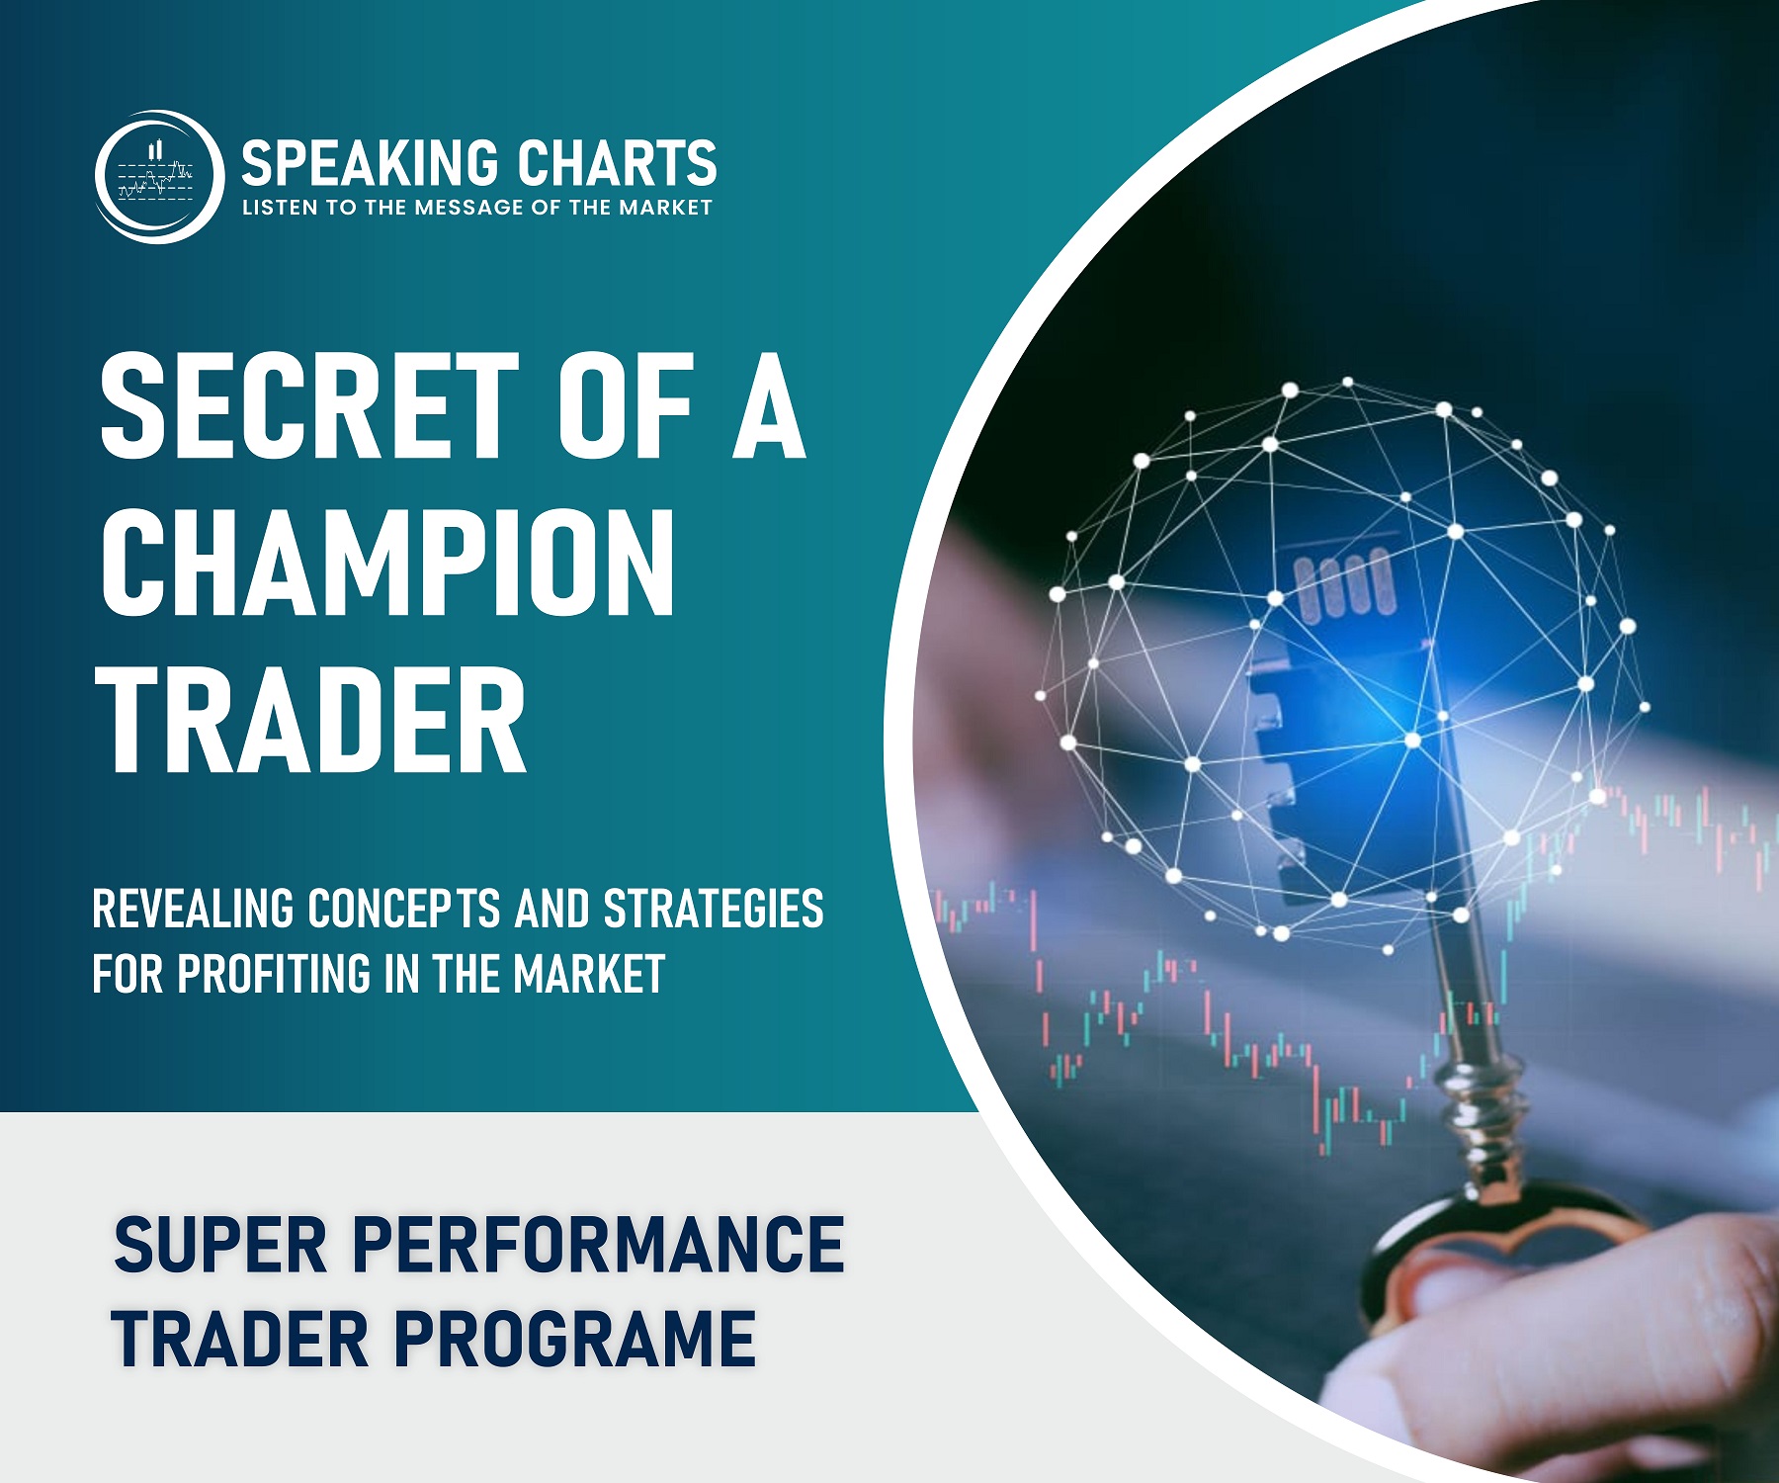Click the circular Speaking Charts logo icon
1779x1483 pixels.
(159, 176)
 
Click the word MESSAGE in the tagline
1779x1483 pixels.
(469, 208)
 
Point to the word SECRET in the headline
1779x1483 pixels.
(309, 406)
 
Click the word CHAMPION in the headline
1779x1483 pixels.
(388, 563)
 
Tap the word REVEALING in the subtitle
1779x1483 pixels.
(194, 909)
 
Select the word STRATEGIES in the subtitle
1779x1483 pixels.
(714, 909)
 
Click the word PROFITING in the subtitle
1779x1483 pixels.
(275, 974)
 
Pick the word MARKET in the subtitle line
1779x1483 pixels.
(589, 974)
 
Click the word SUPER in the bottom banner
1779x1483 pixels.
(220, 1245)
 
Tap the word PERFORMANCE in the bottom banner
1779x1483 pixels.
(598, 1245)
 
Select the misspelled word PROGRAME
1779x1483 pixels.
(576, 1339)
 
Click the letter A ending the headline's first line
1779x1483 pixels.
(769, 406)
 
